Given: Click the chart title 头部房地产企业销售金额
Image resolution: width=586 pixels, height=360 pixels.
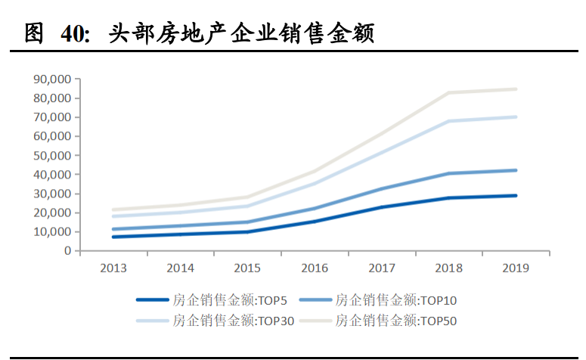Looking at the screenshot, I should (242, 33).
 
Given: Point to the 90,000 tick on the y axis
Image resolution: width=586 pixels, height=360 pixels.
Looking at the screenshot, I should (52, 79).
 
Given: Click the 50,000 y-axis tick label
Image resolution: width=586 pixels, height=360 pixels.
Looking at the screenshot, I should (52, 155).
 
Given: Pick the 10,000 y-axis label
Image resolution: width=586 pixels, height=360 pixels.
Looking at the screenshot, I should (52, 231).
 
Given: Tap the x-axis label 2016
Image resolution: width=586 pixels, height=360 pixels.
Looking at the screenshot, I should (314, 268).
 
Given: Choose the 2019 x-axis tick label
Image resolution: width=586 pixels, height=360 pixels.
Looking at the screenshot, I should (516, 268).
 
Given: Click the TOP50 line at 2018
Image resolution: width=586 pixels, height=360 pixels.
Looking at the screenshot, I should (448, 93).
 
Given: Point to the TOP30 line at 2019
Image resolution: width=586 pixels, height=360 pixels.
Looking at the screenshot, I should (516, 116).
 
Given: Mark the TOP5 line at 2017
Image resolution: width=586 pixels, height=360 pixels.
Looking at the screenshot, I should (381, 207).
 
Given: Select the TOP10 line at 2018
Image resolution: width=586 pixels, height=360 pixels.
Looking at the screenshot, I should (448, 173).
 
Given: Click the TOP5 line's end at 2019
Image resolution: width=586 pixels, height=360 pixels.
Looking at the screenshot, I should (516, 195).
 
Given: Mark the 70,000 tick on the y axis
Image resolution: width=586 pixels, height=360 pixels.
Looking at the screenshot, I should (52, 117).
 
